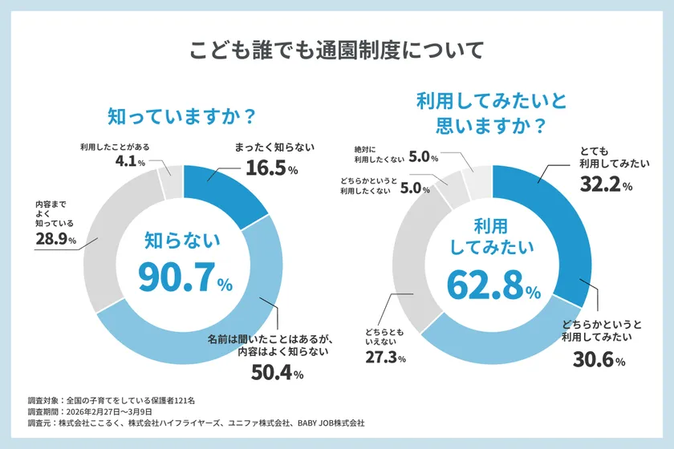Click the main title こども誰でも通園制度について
336,50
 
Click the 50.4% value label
275,373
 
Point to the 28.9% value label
55,240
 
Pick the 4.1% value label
129,162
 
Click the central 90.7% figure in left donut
184,276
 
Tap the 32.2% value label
606,185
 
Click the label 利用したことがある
116,146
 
